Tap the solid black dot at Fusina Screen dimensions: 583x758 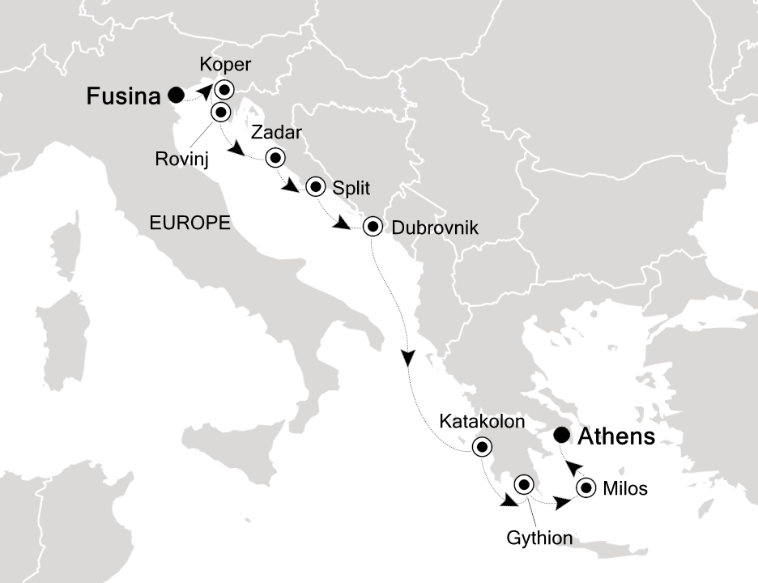tap(176, 96)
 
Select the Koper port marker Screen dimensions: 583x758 tap(222, 89)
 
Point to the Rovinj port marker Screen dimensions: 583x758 tap(220, 112)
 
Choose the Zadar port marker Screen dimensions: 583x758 tap(276, 157)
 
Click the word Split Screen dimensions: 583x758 tap(351, 188)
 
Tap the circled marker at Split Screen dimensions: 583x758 tap(315, 188)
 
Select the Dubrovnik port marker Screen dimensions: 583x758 tap(373, 226)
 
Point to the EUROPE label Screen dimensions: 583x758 tap(190, 223)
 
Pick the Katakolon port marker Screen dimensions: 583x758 tap(483, 446)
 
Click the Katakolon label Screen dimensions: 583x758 tap(482, 422)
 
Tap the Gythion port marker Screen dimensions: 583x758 tap(524, 486)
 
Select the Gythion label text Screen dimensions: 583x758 tap(539, 538)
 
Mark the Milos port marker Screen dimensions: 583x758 tap(586, 488)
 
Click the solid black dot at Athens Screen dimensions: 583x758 tap(560, 436)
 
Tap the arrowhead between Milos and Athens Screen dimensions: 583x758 tap(572, 467)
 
